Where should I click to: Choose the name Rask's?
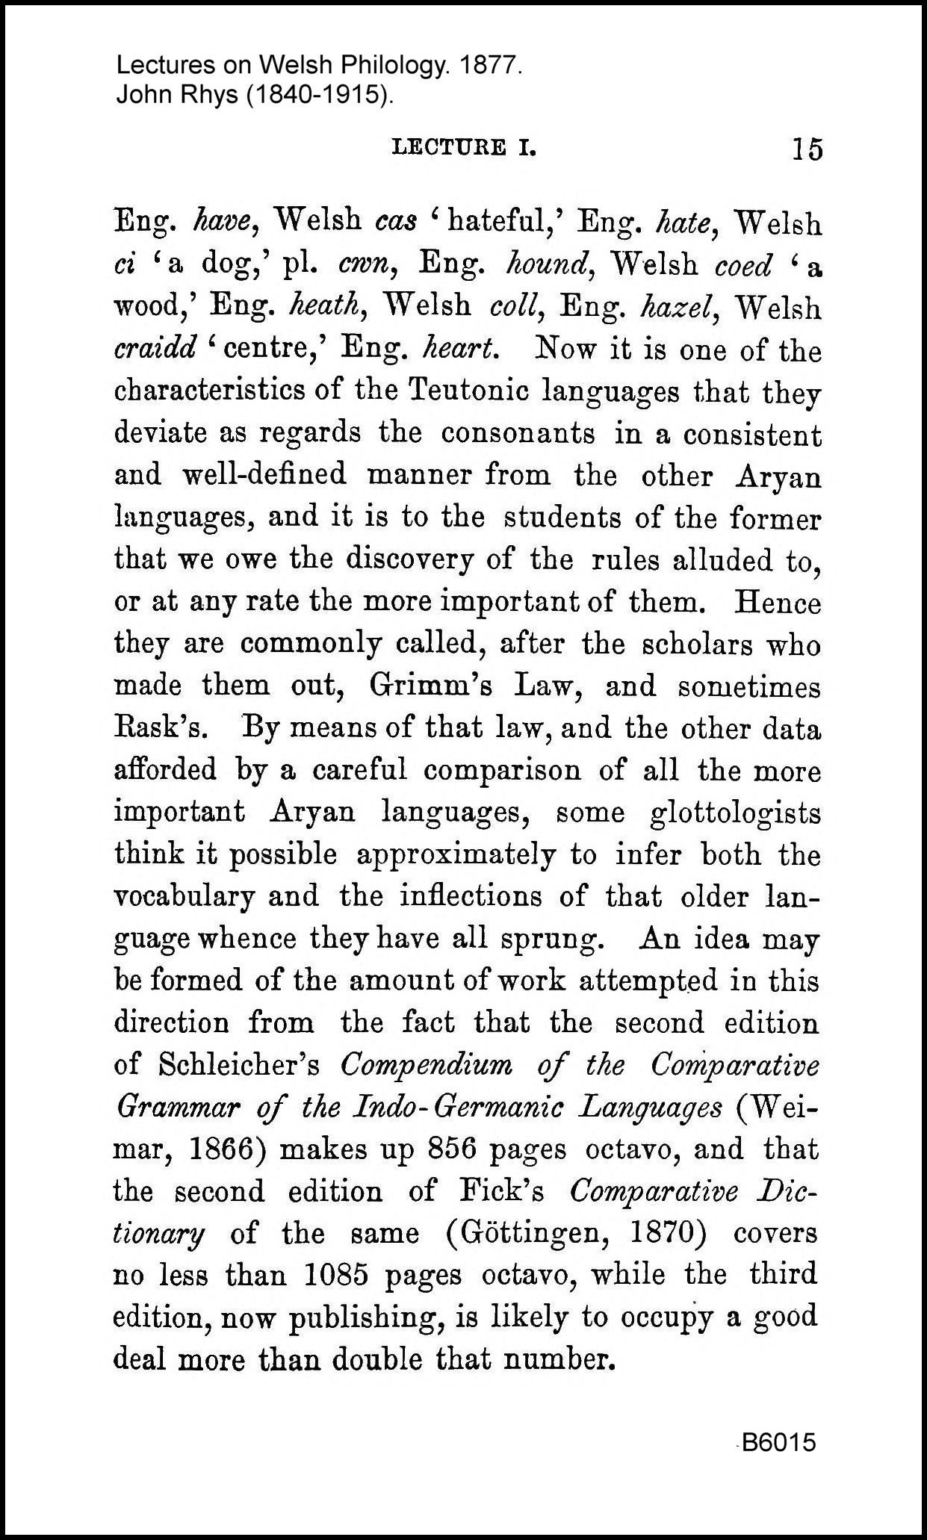[x=160, y=728]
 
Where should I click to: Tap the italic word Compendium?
[x=427, y=1065]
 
